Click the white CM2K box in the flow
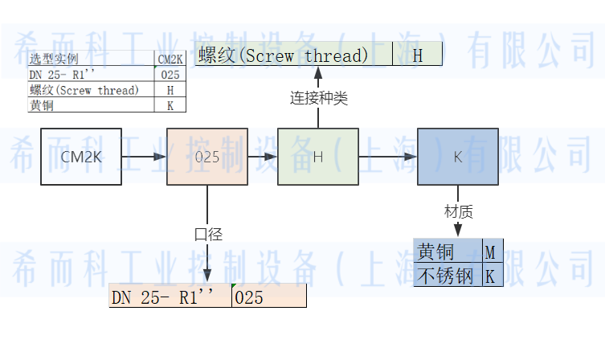81,157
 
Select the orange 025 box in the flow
206,157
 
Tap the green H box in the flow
317,157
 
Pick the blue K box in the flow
457,157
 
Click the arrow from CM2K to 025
144,157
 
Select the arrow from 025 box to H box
262,157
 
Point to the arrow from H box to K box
386,157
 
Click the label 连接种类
318,98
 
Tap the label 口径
208,234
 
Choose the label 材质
458,211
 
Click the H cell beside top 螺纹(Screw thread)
418,55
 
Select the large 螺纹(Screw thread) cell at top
294,55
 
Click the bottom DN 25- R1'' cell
170,297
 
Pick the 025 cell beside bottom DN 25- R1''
268,297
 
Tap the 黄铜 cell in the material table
448,252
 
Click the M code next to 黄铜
489,252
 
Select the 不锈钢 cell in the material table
448,276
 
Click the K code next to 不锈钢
489,276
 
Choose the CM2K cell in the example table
170,59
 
